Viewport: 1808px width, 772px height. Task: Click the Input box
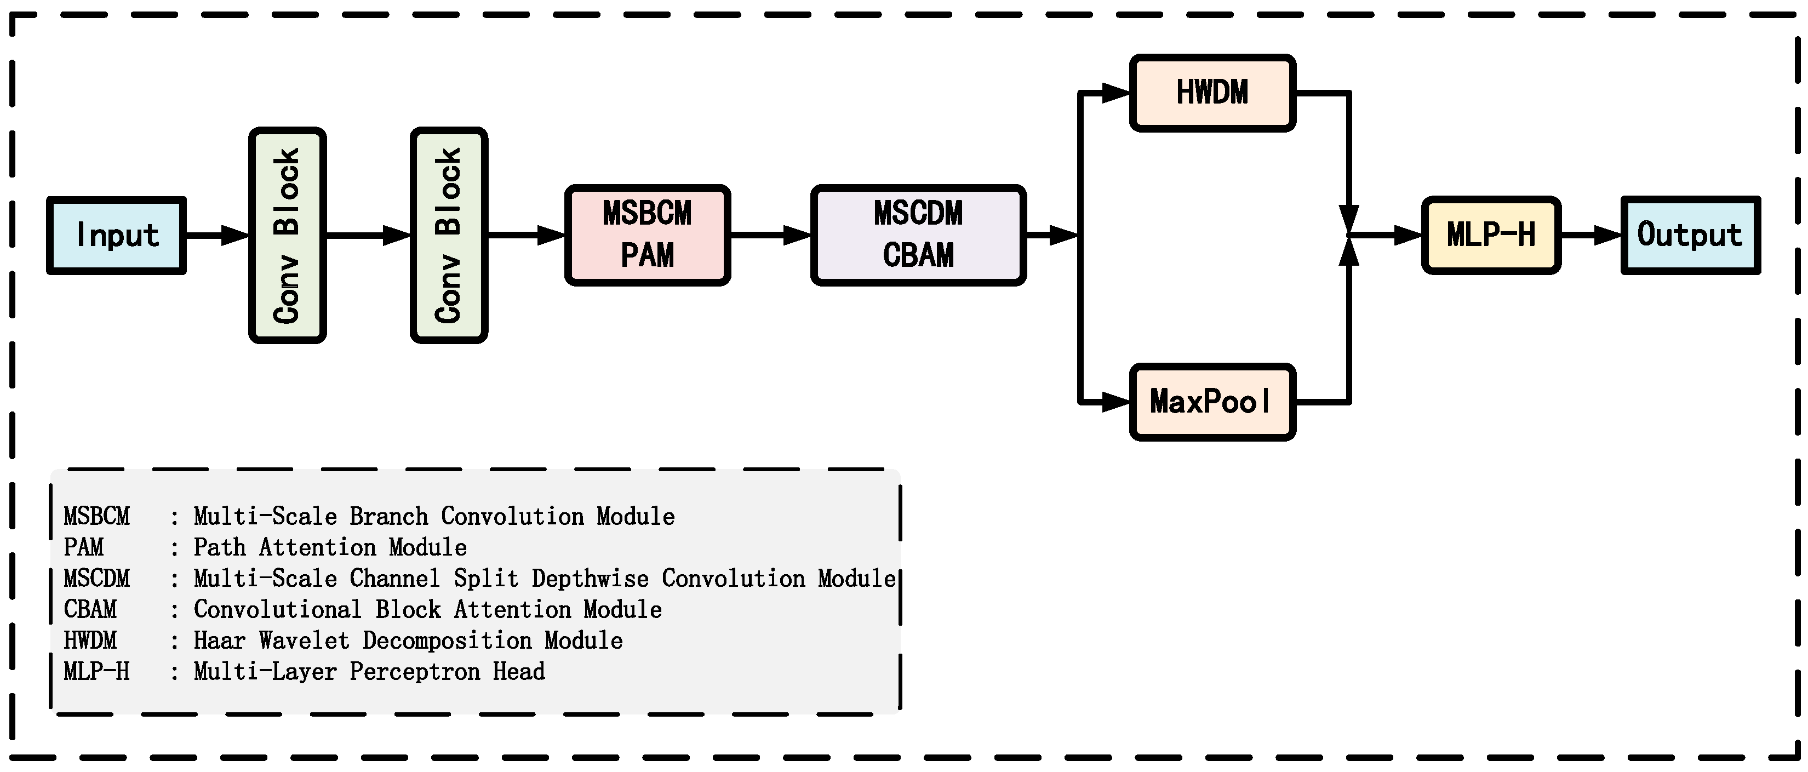pyautogui.click(x=117, y=235)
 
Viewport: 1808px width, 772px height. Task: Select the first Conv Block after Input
pyautogui.click(x=287, y=235)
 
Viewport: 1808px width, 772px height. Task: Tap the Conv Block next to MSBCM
pyautogui.click(x=449, y=235)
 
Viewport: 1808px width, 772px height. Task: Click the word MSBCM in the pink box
pyautogui.click(x=647, y=213)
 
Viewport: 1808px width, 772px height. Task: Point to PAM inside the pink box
pyautogui.click(x=647, y=255)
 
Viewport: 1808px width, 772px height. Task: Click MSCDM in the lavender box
pyautogui.click(x=918, y=213)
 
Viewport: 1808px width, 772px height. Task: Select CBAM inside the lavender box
pyautogui.click(x=918, y=255)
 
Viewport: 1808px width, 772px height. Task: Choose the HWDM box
pyautogui.click(x=1212, y=93)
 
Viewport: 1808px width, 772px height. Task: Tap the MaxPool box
pyautogui.click(x=1212, y=402)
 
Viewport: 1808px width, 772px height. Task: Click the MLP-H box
pyautogui.click(x=1491, y=235)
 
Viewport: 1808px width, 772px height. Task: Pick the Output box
pyautogui.click(x=1690, y=235)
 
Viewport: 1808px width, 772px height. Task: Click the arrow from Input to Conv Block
pyautogui.click(x=217, y=235)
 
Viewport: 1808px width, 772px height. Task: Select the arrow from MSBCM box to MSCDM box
pyautogui.click(x=770, y=235)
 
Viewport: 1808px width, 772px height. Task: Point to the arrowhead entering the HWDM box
pyautogui.click(x=1116, y=93)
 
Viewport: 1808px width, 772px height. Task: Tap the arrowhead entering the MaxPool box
pyautogui.click(x=1116, y=402)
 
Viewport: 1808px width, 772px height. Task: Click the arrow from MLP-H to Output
pyautogui.click(x=1590, y=235)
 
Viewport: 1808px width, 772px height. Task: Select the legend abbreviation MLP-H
pyautogui.click(x=97, y=672)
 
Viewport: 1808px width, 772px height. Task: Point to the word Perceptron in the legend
pyautogui.click(x=415, y=672)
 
